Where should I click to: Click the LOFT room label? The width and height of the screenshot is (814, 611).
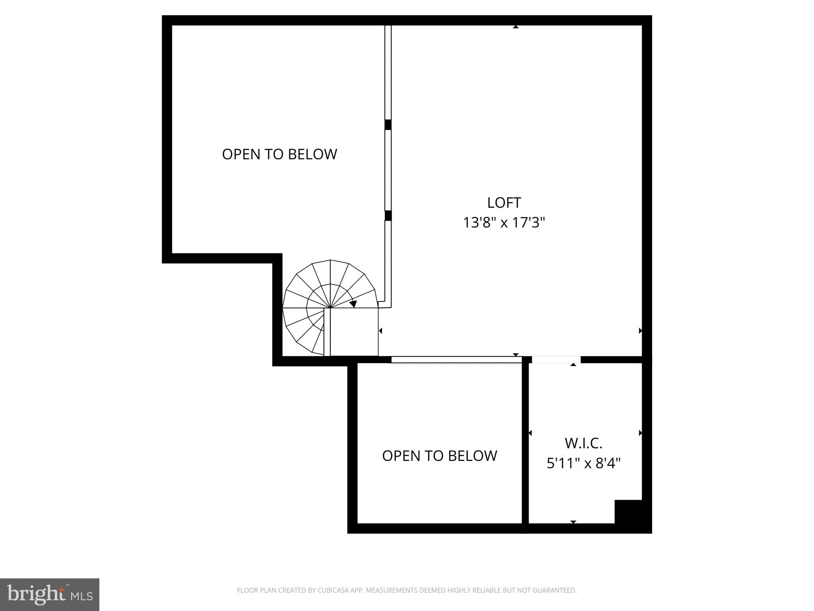point(504,203)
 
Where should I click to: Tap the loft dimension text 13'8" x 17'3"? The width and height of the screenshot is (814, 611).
point(504,223)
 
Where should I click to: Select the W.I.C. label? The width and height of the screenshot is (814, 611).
point(583,443)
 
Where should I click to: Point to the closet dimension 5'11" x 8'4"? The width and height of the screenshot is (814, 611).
point(583,463)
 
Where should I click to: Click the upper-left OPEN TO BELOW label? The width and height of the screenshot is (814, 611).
point(279,154)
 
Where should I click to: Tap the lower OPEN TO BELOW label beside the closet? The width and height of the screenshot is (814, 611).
point(440,456)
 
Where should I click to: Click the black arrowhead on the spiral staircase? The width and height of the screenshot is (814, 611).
point(353,304)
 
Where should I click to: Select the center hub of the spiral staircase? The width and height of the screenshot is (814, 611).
point(330,307)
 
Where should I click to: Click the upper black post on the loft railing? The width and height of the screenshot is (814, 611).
point(388,125)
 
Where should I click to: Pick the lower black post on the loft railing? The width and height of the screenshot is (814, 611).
point(388,216)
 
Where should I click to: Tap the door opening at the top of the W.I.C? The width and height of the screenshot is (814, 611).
point(556,360)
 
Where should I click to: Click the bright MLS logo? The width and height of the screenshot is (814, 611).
point(50,594)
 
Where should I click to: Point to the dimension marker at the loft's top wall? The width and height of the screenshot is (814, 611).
point(516,27)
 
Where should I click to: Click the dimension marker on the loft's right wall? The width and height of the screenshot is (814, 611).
point(640,331)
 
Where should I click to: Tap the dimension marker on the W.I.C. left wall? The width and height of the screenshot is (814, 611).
point(530,433)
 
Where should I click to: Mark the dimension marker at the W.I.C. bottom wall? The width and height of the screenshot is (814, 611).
point(573,521)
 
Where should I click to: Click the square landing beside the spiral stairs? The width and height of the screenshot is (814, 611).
point(354,332)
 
